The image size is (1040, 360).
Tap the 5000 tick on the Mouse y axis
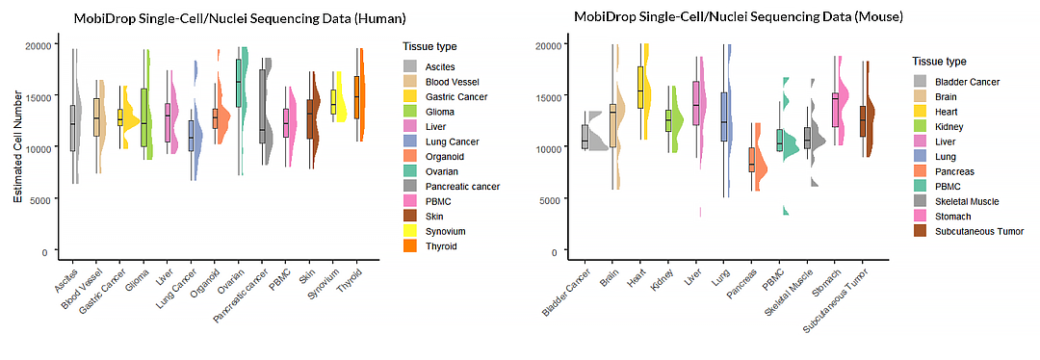tap(546, 199)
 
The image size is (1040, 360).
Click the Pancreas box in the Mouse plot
tap(752, 159)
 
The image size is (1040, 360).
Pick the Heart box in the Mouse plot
tap(639, 87)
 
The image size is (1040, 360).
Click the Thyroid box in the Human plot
tap(356, 97)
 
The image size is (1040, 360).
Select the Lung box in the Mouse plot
tap(724, 116)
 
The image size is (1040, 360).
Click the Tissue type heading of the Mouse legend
tap(939, 62)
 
